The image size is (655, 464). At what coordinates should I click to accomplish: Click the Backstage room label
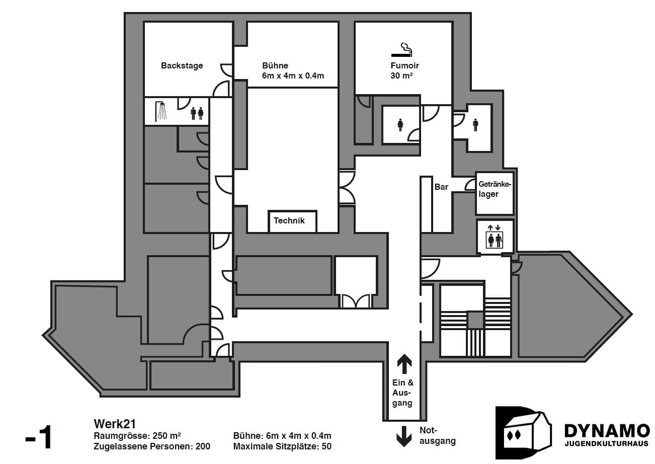(182, 65)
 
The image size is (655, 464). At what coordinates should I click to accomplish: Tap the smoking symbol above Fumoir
(402, 49)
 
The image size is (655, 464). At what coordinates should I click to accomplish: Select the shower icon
(161, 111)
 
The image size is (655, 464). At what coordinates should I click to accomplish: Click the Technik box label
(289, 220)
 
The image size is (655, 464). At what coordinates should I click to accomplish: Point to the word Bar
(441, 187)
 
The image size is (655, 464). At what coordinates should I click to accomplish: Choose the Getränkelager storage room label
(495, 189)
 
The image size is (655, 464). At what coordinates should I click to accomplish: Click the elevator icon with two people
(495, 237)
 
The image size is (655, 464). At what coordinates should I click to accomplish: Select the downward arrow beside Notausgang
(404, 436)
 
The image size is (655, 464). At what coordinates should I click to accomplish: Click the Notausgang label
(437, 436)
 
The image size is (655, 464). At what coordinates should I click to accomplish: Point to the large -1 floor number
(39, 437)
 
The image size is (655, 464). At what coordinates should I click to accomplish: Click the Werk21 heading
(115, 424)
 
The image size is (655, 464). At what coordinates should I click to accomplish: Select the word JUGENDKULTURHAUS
(607, 444)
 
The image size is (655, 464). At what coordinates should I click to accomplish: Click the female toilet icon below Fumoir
(400, 124)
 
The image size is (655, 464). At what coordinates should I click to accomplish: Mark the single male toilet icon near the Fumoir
(476, 124)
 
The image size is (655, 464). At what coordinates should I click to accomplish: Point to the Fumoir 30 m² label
(404, 70)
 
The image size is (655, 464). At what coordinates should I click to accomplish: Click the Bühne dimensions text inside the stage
(293, 76)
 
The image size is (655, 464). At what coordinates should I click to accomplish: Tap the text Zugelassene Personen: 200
(152, 446)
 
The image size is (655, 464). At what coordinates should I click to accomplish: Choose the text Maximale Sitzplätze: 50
(282, 446)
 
